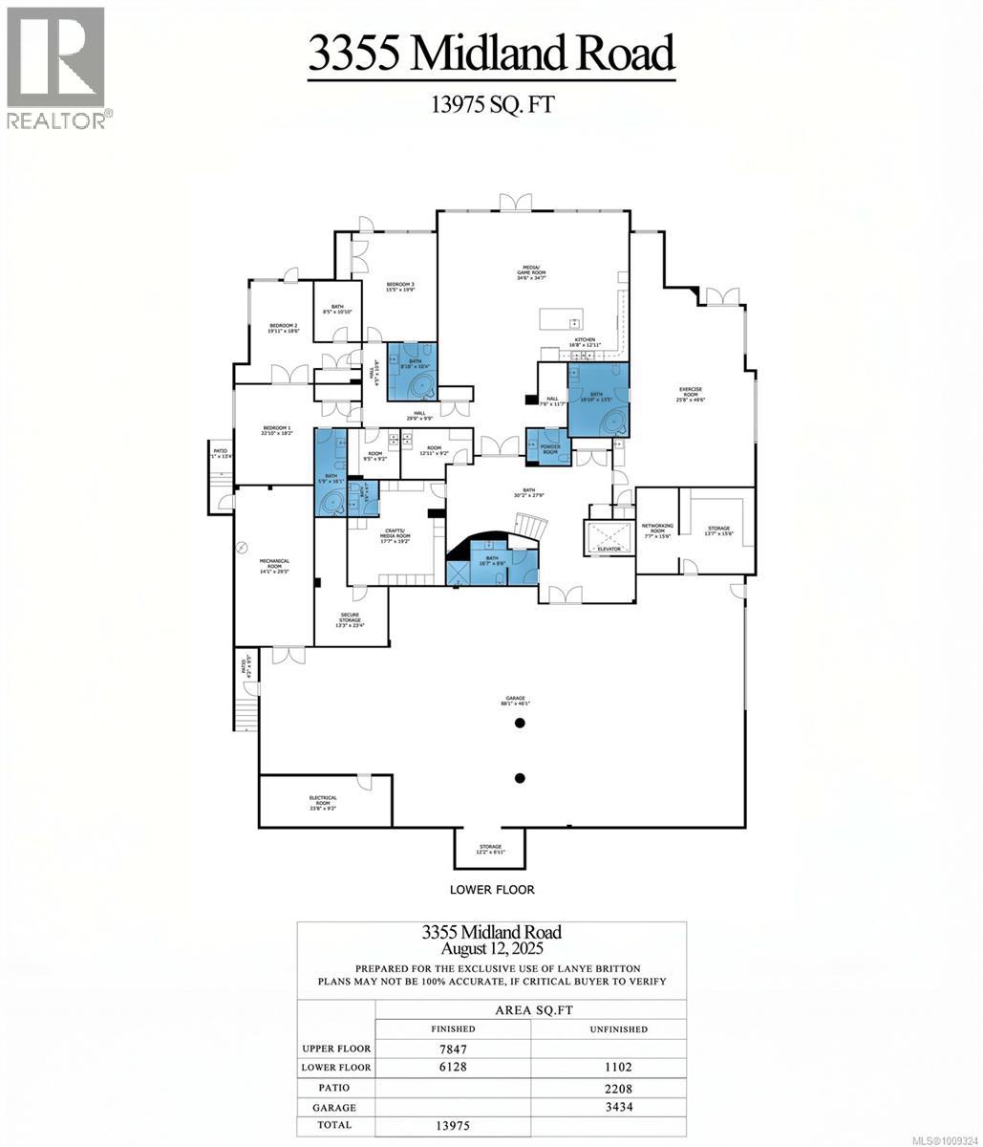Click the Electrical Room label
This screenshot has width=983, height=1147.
pyautogui.click(x=323, y=801)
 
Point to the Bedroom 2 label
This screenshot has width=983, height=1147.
pyautogui.click(x=284, y=328)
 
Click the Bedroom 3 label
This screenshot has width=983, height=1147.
pyautogui.click(x=400, y=287)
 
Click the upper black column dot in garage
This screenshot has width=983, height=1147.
pyautogui.click(x=521, y=724)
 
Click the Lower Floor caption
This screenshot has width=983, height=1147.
pyautogui.click(x=492, y=889)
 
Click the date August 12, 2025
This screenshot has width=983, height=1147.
pyautogui.click(x=491, y=949)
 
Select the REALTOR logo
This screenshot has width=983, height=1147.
pyautogui.click(x=57, y=67)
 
